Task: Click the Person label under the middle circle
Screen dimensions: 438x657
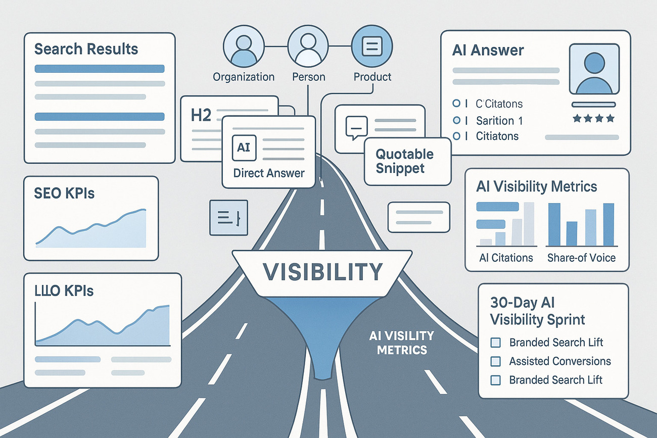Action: coord(308,77)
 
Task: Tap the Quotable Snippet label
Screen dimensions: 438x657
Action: coord(404,161)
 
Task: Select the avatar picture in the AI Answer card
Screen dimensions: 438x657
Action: coord(594,69)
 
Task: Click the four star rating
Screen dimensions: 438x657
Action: coord(594,119)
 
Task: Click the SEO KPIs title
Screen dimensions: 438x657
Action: coord(65,193)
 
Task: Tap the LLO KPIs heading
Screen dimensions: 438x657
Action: coord(64,291)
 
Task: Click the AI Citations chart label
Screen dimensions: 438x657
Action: coord(506,258)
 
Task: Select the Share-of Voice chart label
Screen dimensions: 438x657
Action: coord(581,258)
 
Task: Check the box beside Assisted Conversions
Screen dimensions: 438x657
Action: coord(496,362)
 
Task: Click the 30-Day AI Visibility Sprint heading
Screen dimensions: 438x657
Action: coord(537,311)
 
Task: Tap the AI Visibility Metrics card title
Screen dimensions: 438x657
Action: coord(536,186)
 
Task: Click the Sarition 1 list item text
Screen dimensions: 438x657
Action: coord(499,120)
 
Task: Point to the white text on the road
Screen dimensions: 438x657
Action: coord(402,343)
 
